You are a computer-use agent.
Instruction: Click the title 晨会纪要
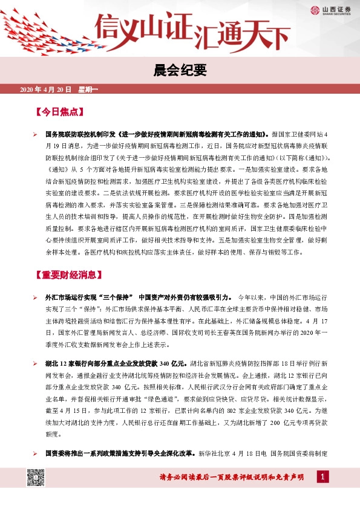(x=180, y=71)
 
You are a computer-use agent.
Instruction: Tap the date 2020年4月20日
(x=46, y=90)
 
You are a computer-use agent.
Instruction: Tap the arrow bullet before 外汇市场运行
(x=35, y=297)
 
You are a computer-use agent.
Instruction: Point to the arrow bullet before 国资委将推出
(x=35, y=453)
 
